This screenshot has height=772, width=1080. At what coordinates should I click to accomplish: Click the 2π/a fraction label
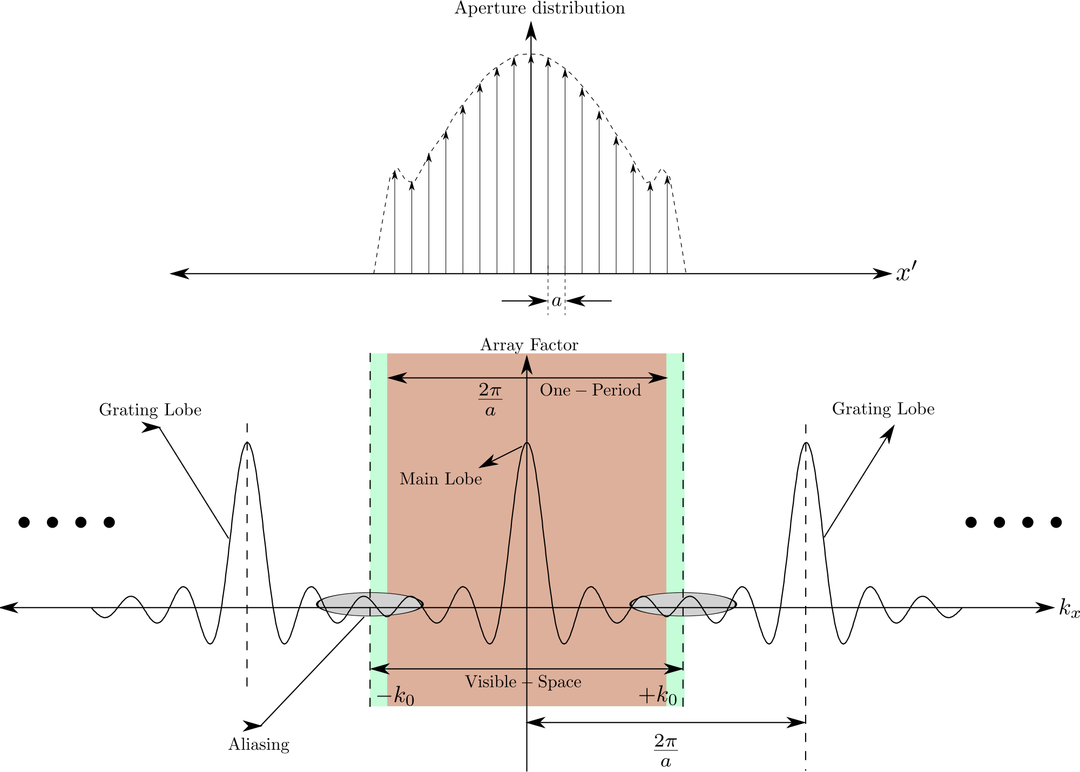click(x=490, y=400)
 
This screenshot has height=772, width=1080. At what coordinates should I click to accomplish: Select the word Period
click(x=616, y=390)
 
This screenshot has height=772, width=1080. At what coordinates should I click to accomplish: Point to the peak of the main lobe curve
click(x=527, y=443)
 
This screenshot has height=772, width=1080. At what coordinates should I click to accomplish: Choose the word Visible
click(x=491, y=682)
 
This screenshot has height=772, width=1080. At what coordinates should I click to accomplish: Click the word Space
click(x=559, y=682)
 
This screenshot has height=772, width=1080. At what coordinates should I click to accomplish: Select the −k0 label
click(x=395, y=697)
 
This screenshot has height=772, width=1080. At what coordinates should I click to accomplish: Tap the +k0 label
click(x=657, y=697)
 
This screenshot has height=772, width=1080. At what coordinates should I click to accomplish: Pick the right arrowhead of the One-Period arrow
click(x=660, y=378)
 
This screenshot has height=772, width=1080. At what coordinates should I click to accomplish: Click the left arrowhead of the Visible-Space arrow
click(x=379, y=669)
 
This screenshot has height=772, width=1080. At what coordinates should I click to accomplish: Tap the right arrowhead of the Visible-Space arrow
click(x=675, y=669)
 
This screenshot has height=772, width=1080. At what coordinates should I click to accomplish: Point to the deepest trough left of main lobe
click(x=490, y=643)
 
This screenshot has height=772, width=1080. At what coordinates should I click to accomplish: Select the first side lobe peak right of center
click(x=591, y=587)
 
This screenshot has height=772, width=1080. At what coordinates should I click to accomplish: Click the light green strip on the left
click(x=379, y=486)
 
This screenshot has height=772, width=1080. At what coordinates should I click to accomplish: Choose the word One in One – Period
click(x=555, y=390)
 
